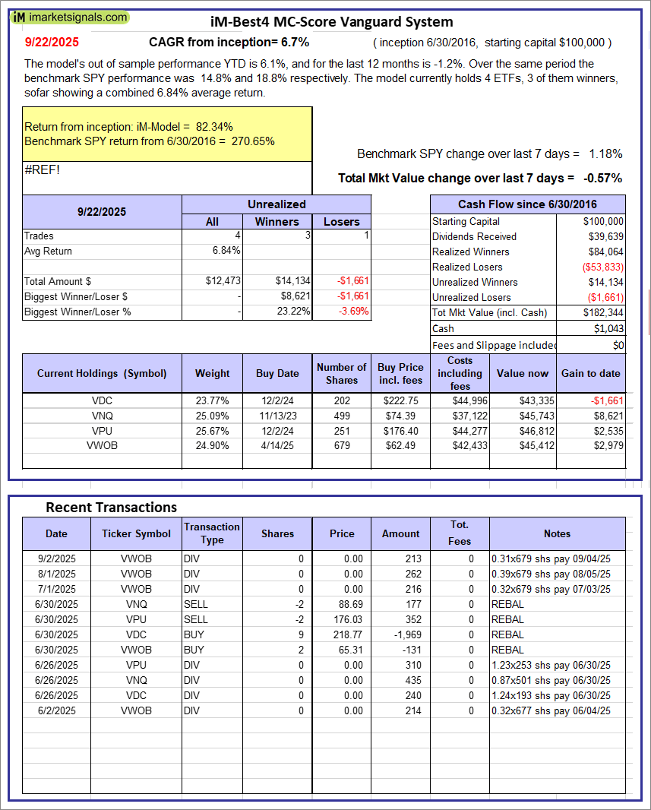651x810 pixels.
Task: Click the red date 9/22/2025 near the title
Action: tap(51, 43)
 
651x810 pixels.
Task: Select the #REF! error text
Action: tap(43, 169)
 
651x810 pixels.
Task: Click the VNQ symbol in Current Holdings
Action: tap(102, 416)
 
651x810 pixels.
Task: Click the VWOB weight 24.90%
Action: tap(212, 445)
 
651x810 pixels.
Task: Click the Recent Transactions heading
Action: tap(111, 507)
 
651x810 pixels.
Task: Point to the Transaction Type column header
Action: tap(212, 533)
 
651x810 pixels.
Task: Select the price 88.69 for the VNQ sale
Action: tap(342, 604)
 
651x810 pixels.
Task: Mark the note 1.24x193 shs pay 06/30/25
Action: tap(551, 695)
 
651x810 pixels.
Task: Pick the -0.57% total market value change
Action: tap(602, 178)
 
